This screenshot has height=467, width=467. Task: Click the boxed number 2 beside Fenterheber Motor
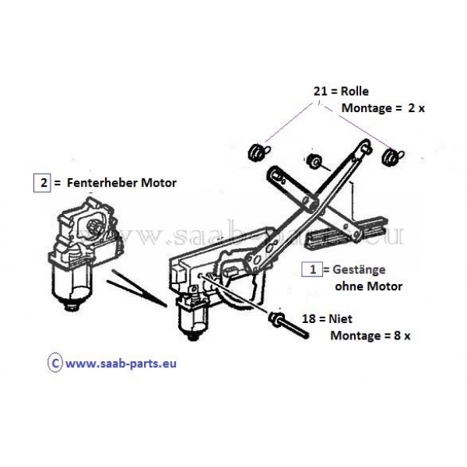coord(42,183)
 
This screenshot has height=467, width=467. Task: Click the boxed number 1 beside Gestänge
coord(312,269)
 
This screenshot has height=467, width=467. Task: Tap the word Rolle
coord(354,91)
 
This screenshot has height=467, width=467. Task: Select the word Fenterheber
coord(102,183)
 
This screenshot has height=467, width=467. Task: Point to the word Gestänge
coord(359,270)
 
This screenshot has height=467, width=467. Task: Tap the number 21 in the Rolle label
coord(320,91)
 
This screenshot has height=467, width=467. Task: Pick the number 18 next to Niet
coord(309,319)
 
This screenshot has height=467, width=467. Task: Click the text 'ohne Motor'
coord(369,286)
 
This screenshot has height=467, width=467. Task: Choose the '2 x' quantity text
coord(416,108)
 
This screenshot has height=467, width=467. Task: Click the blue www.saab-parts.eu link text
coord(121,363)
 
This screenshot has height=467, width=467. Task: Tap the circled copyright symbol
coord(55,363)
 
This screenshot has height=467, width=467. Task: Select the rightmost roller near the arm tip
coord(390,156)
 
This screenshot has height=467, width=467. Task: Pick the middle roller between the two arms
coord(314,161)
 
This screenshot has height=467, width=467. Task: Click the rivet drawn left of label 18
coord(288,325)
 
